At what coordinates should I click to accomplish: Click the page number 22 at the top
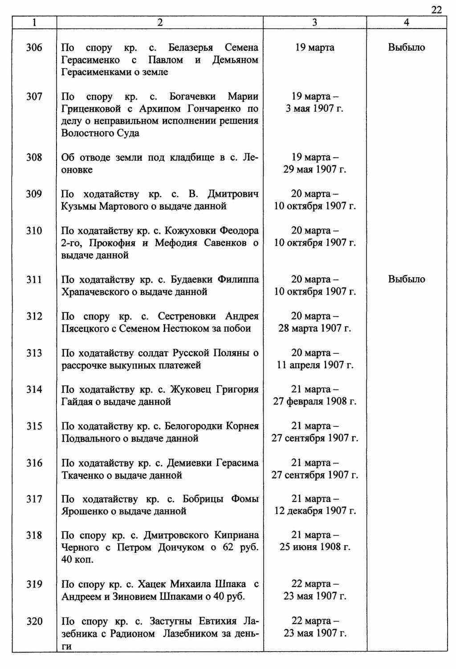[x=437, y=10]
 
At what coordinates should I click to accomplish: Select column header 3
[x=314, y=23]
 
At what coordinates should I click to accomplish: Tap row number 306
[x=34, y=47]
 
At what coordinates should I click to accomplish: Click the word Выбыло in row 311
[x=407, y=280]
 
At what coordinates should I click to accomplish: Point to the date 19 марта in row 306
[x=314, y=48]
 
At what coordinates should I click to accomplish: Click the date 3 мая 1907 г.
[x=314, y=109]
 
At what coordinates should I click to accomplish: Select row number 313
[x=34, y=353]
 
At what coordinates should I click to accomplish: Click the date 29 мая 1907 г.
[x=314, y=170]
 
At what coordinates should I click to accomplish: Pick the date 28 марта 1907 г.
[x=314, y=328]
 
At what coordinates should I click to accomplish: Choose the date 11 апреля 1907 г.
[x=314, y=365]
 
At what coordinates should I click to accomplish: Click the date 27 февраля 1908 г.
[x=314, y=401]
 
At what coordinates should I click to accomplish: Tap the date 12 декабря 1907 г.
[x=314, y=511]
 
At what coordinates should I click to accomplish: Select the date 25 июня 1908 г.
[x=314, y=547]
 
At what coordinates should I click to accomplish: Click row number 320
[x=34, y=621]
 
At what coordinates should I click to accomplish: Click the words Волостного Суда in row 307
[x=100, y=133]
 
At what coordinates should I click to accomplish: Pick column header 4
[x=406, y=23]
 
